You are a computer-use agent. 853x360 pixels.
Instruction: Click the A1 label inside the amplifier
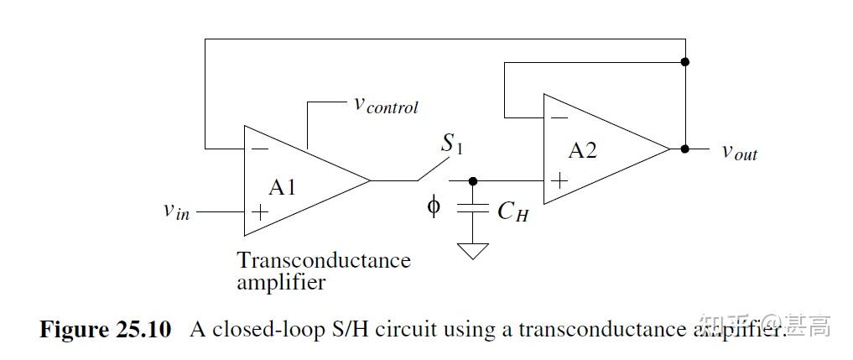[x=283, y=186]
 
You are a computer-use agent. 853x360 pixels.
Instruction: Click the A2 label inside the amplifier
[x=583, y=151]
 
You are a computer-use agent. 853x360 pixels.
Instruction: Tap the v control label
[x=385, y=106]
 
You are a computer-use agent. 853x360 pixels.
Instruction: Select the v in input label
[x=176, y=211]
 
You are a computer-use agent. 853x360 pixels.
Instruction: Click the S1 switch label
[x=451, y=144]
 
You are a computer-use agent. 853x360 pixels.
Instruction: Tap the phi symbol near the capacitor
[x=433, y=206]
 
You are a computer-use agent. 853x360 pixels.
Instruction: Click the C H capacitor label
[x=512, y=211]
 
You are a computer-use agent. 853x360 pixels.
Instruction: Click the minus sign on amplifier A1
[x=261, y=149]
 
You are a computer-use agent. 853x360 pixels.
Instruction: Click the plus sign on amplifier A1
[x=261, y=212]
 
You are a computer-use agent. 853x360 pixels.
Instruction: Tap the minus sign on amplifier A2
[x=559, y=117]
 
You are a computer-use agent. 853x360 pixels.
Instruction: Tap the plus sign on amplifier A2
[x=559, y=180]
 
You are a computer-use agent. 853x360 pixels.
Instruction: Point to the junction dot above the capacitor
[x=473, y=180]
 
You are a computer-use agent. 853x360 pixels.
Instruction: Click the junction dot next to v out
[x=685, y=149]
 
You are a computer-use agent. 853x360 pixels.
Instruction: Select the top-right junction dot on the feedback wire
[x=685, y=62]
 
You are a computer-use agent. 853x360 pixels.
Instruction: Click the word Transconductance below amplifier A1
[x=324, y=260]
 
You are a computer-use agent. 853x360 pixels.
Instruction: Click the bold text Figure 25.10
[x=105, y=329]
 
